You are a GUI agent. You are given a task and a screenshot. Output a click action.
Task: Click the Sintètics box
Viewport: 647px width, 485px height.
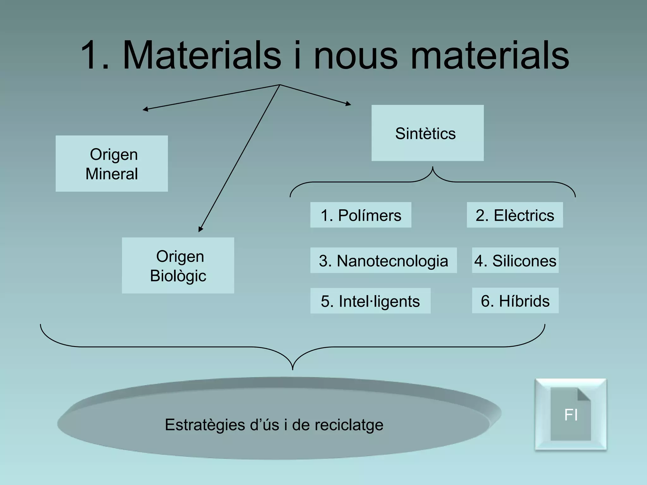[x=427, y=133]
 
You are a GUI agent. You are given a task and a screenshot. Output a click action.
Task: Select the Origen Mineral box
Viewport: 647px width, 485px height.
[x=112, y=164]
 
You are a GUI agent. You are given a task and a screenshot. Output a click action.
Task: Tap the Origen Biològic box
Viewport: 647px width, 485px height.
[x=178, y=266]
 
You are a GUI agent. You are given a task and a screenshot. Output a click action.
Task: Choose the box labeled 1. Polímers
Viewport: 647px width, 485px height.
[x=360, y=215]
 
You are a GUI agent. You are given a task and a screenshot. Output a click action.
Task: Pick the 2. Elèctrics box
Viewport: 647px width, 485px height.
[x=515, y=215]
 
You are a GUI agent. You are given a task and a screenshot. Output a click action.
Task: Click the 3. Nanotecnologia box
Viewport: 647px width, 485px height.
[x=383, y=260]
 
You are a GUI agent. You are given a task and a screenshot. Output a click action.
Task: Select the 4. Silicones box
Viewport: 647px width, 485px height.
[x=515, y=260]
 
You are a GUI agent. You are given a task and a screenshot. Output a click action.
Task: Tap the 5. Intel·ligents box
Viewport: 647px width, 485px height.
[x=370, y=301]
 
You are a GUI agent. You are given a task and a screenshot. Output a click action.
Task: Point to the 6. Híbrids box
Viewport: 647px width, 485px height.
[x=515, y=301]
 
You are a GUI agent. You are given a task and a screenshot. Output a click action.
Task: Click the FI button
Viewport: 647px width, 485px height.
[x=571, y=414]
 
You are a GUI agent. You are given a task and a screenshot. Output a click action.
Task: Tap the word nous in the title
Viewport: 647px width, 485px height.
[x=355, y=55]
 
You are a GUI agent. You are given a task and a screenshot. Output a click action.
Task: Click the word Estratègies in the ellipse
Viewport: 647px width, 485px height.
[x=205, y=425]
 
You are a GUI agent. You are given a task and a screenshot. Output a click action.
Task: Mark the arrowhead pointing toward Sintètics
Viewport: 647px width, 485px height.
[x=349, y=104]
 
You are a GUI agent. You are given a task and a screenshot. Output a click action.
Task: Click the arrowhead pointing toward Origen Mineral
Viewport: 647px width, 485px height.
[x=144, y=110]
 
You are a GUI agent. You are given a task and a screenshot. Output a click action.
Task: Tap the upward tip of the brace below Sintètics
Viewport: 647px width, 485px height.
[x=432, y=167]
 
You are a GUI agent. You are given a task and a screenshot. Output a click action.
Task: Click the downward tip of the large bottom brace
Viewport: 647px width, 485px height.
[x=293, y=369]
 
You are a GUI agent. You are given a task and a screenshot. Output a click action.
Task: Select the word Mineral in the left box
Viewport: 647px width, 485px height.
[x=112, y=174]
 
